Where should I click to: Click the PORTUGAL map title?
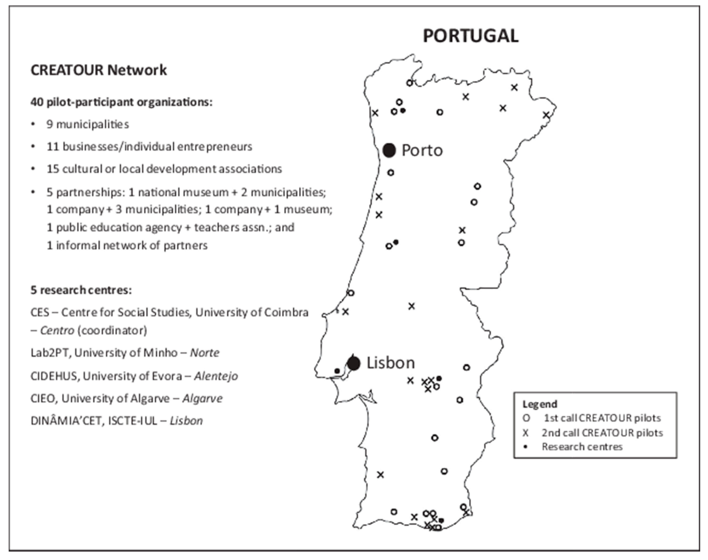pos(470,36)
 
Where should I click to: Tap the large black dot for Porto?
pos(389,150)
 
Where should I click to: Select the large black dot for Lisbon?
pos(354,363)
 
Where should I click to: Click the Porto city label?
pos(422,150)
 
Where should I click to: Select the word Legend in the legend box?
pos(540,404)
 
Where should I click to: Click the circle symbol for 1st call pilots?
pos(526,418)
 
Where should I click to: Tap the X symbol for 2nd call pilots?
pos(526,433)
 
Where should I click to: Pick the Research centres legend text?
pos(582,447)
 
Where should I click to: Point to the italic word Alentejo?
pos(216,376)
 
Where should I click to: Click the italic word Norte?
pos(205,353)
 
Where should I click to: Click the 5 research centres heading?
pos(81,290)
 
